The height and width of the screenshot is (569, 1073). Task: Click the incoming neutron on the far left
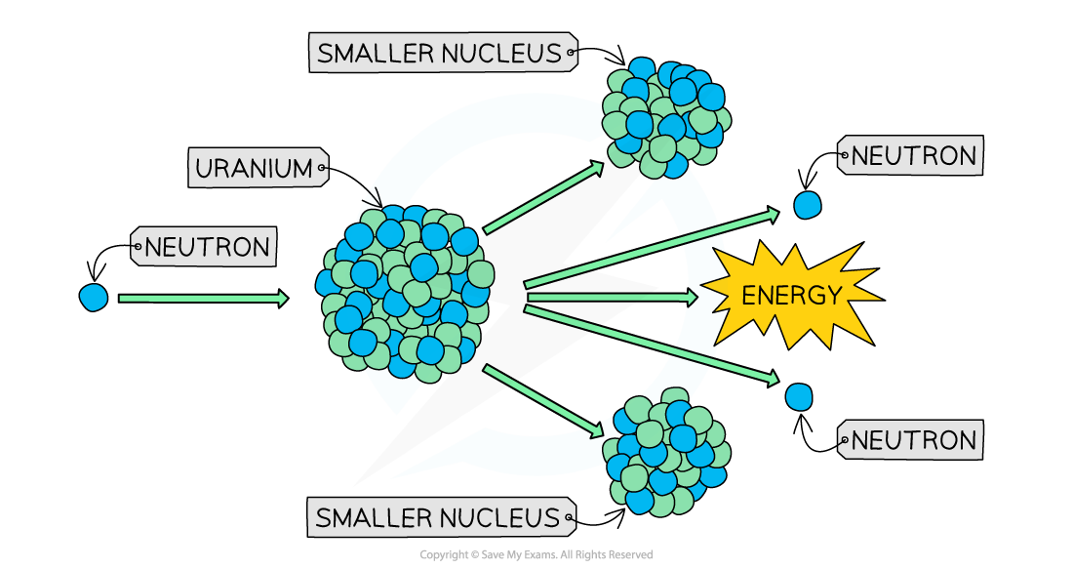[x=94, y=297]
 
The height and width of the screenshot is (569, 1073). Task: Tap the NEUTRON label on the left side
[x=206, y=247]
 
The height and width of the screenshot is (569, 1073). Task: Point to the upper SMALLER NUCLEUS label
[x=440, y=54]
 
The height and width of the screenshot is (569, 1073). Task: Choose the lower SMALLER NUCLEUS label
[x=438, y=517]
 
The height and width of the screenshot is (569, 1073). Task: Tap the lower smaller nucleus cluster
[x=665, y=451]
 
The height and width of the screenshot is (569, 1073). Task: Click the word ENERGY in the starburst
[x=790, y=296]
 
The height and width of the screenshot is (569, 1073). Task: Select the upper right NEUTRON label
[x=913, y=156]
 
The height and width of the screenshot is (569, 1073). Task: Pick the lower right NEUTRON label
[x=913, y=440]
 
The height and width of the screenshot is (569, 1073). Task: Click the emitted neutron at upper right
[x=807, y=205]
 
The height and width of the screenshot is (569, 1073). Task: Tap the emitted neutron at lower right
[x=799, y=396]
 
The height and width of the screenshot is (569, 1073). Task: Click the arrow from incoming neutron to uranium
[x=203, y=299]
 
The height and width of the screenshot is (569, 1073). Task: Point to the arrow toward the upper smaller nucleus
[x=542, y=199]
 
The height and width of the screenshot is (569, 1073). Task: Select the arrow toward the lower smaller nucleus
[x=542, y=399]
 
